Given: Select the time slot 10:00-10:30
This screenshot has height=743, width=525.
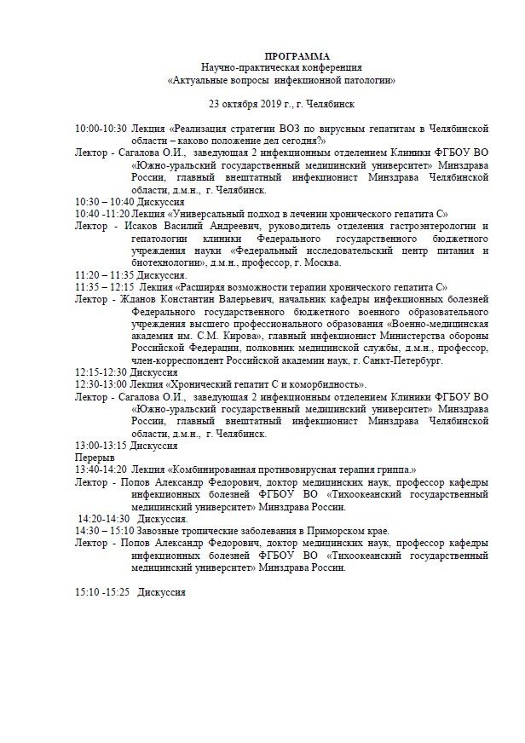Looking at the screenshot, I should coord(101,128).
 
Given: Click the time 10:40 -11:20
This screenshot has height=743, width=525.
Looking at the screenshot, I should coord(102,213).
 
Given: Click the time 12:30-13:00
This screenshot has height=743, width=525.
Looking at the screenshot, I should coord(101,386).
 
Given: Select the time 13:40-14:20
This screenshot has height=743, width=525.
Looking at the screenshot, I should coord(101,469).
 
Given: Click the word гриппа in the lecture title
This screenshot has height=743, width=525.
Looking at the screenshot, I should coord(394,469).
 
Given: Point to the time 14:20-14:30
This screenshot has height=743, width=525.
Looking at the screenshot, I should coord(103,519).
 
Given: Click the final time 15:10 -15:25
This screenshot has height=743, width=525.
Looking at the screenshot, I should coord(102,592).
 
